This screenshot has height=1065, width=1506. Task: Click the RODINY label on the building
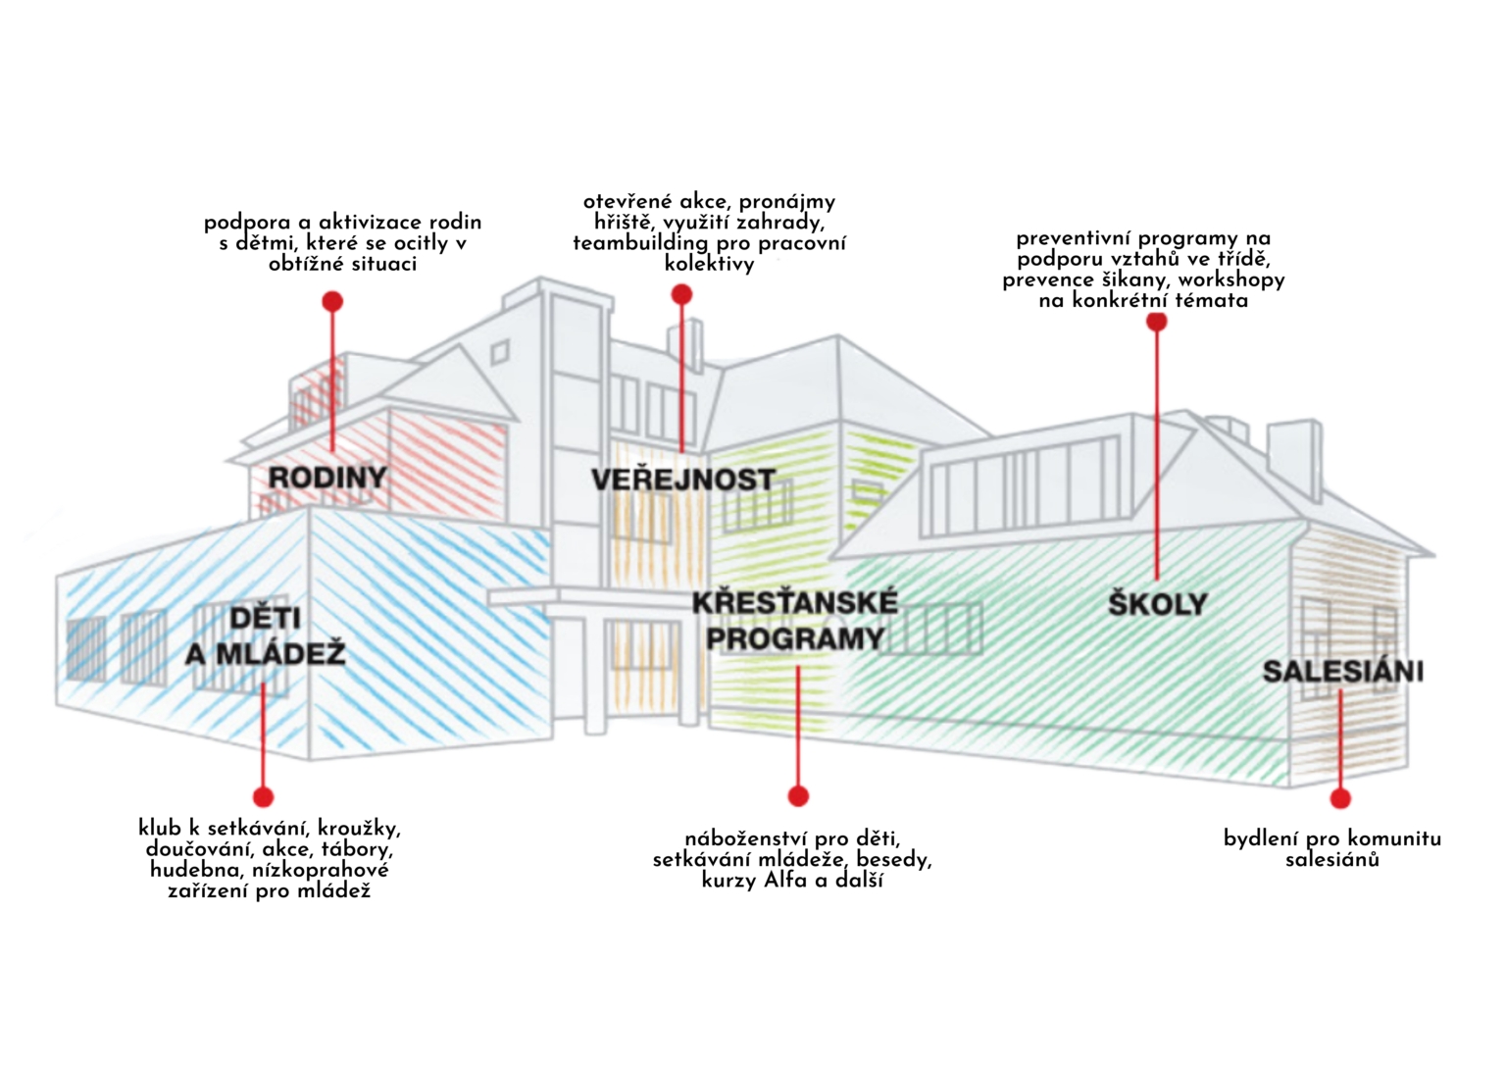327,478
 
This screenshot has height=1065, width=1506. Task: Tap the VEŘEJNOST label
683,480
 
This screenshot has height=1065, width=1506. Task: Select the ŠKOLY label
1157,603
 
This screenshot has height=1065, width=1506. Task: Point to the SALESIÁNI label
1342,671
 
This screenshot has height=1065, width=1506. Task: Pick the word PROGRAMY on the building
795,638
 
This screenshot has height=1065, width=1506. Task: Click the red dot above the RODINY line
332,300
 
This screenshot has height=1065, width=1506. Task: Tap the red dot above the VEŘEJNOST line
681,294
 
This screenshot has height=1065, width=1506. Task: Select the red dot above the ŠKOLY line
1156,322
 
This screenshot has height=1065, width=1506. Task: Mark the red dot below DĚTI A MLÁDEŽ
263,796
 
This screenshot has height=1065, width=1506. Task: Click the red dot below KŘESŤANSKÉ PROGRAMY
798,796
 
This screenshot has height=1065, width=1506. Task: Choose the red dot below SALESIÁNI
1340,798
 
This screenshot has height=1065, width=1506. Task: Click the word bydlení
1261,839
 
